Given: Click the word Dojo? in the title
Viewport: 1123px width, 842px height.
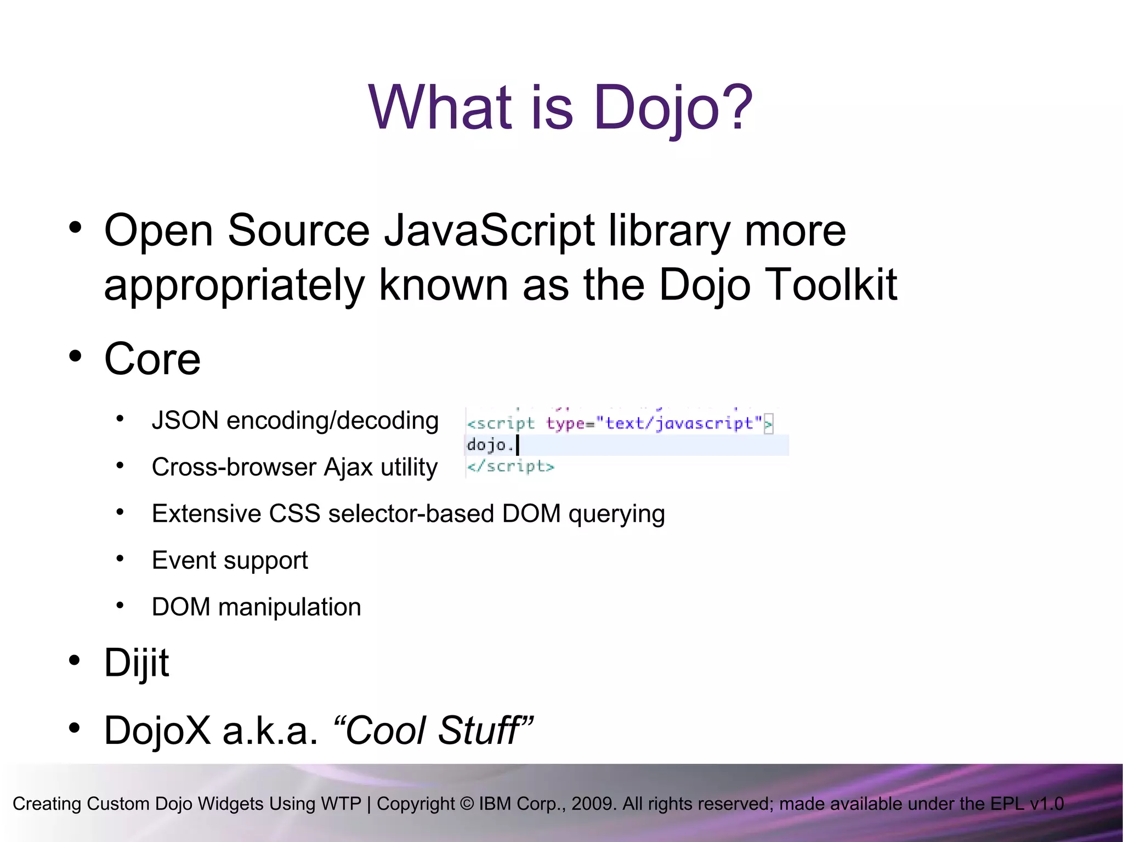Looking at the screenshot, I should click(673, 108).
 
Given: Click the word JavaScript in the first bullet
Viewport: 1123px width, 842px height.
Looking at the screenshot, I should click(489, 230).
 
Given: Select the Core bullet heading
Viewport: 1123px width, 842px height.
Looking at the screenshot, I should click(152, 359).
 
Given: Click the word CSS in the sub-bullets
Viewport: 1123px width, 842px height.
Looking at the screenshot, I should click(294, 514).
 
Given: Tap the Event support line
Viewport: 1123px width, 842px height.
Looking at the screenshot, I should click(230, 561).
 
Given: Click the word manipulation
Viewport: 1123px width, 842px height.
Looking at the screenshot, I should click(290, 607).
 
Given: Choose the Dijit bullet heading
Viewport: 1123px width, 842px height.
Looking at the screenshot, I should click(137, 663).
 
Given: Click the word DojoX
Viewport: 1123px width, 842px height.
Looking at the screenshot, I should click(157, 731).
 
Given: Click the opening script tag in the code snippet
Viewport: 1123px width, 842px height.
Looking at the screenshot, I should click(500, 423).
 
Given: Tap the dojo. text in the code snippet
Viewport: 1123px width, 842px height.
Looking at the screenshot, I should click(489, 445).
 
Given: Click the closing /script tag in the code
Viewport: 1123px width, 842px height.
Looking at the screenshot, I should click(511, 467).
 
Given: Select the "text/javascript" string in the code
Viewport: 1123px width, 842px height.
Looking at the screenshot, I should click(679, 423).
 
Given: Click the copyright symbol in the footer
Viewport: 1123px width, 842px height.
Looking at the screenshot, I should click(467, 804).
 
